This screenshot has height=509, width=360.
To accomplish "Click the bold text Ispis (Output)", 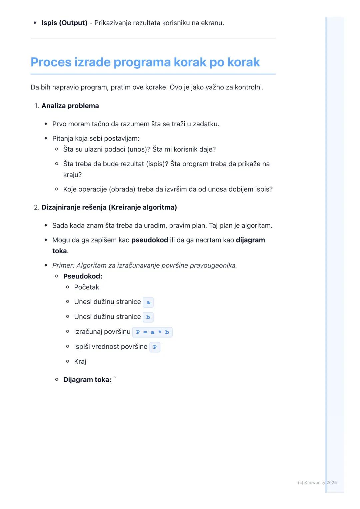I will (64, 23).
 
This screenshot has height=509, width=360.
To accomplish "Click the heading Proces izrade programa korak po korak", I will (145, 62).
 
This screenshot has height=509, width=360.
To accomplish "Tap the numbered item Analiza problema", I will (70, 106).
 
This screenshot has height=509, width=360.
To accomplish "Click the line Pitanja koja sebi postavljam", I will (96, 139).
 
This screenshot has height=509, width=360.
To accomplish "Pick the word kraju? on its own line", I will (72, 175).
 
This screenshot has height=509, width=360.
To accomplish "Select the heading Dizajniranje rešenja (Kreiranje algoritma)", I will (109, 208).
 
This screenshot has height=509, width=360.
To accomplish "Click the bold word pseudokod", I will (150, 240).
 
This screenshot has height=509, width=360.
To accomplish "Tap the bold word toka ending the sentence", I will (60, 251).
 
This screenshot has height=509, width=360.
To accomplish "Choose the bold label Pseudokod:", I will (83, 276).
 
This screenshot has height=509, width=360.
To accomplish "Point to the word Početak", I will (87, 287).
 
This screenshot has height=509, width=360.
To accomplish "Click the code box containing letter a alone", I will (148, 302).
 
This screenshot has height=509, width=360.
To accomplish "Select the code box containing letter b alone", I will (148, 317).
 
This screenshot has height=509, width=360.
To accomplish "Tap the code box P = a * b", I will (152, 332).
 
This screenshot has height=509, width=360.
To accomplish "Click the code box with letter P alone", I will (155, 347).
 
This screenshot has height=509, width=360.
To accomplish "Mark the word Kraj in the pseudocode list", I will (80, 361).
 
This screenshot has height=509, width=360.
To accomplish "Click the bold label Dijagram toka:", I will (87, 380).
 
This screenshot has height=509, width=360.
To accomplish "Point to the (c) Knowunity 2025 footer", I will (317, 483).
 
